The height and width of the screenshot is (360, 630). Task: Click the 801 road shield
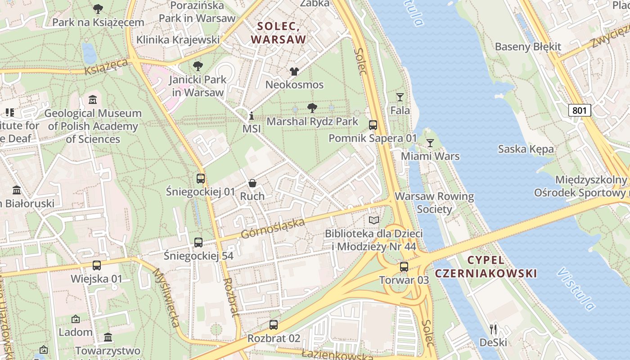[579, 110]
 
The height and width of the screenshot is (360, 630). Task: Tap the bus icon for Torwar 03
[404, 266]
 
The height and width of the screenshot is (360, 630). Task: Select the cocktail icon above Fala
[400, 97]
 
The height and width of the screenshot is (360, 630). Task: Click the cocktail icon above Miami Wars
[430, 143]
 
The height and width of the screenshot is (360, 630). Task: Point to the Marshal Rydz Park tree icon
[312, 108]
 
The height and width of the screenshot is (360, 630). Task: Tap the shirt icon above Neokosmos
[294, 71]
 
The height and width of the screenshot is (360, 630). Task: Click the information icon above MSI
[252, 115]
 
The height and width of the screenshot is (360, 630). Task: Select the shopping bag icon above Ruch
[252, 183]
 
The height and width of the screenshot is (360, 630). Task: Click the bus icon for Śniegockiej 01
[201, 178]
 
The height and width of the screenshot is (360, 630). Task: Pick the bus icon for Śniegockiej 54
[198, 242]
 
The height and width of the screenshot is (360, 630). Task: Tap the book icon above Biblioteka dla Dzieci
[374, 220]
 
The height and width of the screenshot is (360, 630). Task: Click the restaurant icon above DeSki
[493, 329]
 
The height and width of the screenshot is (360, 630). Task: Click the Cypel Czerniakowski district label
[486, 266]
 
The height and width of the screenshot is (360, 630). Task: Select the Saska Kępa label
[526, 149]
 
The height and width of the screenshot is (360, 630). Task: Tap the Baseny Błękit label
[528, 47]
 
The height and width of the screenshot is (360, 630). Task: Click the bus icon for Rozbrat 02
[274, 324]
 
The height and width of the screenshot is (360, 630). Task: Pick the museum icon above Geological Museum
[93, 99]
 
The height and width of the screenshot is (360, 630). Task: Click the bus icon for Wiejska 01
[96, 265]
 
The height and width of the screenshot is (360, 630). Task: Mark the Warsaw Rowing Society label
[434, 202]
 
